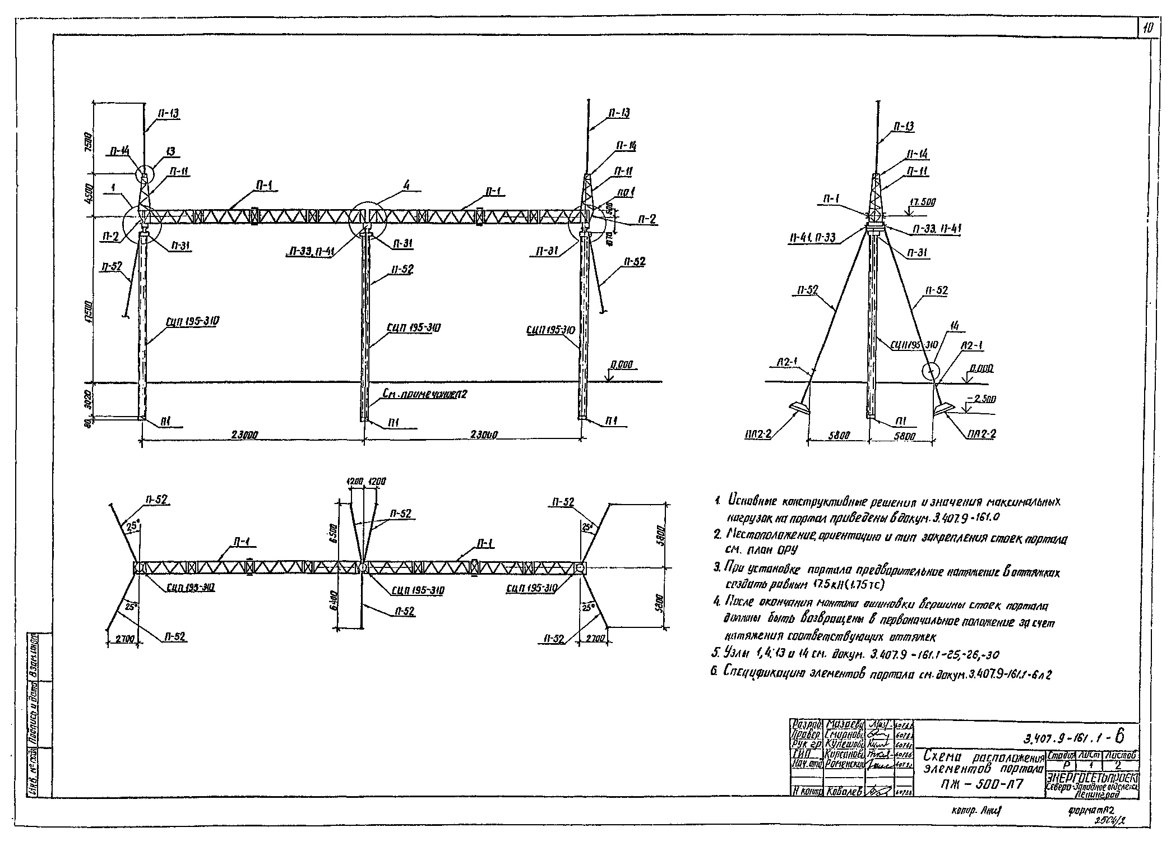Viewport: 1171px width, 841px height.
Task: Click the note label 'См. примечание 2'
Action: [424, 394]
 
